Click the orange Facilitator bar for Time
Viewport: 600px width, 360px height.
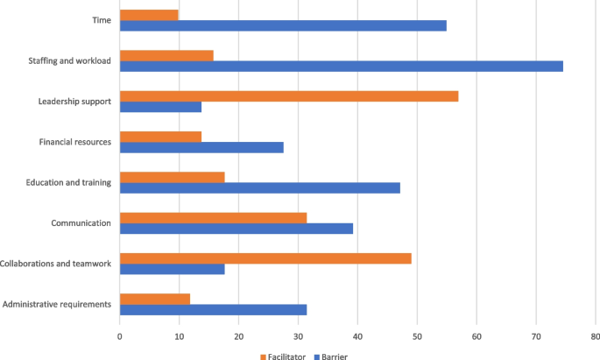[x=149, y=15]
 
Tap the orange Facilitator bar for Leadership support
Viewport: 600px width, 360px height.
[x=288, y=95]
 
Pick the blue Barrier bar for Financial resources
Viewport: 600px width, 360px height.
[x=201, y=147]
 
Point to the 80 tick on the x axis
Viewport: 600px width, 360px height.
[x=595, y=335]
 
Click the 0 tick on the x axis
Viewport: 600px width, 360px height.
[x=120, y=335]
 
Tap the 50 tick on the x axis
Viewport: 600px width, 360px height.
[x=417, y=335]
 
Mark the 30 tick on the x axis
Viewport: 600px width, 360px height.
[x=298, y=335]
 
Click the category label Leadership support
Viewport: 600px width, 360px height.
[x=74, y=101]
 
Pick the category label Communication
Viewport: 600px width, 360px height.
[x=81, y=222]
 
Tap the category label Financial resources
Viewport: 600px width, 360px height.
[x=75, y=142]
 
